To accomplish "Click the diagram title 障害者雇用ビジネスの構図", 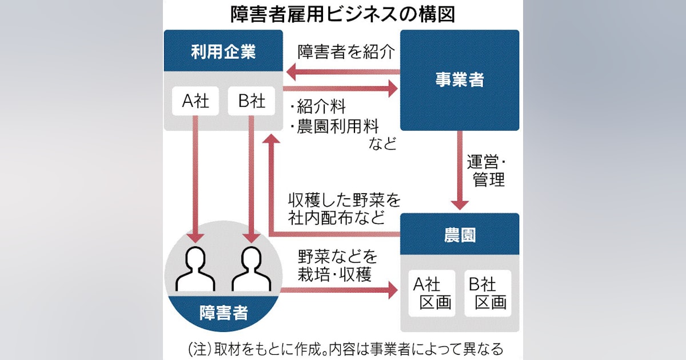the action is (342, 14).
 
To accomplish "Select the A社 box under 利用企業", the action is (196, 101).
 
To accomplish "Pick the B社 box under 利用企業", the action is (252, 101).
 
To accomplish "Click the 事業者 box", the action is (460, 80).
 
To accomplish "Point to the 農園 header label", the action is (460, 235).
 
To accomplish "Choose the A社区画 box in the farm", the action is (432, 293).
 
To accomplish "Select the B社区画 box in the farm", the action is (488, 293).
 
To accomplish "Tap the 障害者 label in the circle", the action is (224, 313).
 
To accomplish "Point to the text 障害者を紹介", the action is (346, 52).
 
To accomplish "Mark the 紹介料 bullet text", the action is (318, 106).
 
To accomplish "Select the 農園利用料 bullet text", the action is (334, 126).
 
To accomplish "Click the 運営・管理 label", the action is (486, 171).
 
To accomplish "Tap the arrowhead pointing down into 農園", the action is (460, 205).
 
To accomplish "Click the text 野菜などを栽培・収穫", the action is (337, 266).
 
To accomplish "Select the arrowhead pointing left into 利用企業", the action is (291, 72).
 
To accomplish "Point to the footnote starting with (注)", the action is (346, 349).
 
